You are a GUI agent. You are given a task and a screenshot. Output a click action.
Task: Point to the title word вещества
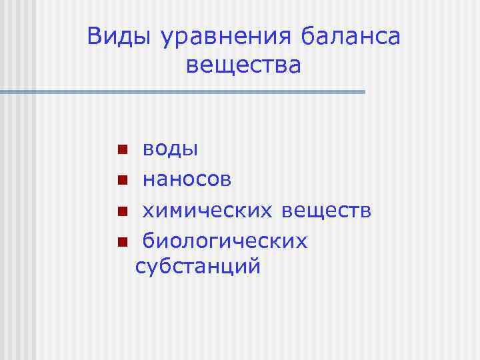(x=243, y=66)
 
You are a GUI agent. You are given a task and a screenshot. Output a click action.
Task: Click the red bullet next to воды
(x=122, y=149)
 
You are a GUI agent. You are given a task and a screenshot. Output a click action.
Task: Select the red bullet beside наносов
(x=122, y=181)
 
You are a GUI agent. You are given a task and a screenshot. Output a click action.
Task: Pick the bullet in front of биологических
(x=122, y=242)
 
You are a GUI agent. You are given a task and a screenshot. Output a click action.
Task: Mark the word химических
(x=208, y=211)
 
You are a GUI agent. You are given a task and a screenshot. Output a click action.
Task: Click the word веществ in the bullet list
(x=326, y=211)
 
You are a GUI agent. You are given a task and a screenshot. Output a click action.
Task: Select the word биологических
(x=225, y=241)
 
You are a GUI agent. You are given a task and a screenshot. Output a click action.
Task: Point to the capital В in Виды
(x=96, y=37)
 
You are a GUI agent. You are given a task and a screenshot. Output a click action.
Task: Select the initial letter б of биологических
(x=150, y=240)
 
